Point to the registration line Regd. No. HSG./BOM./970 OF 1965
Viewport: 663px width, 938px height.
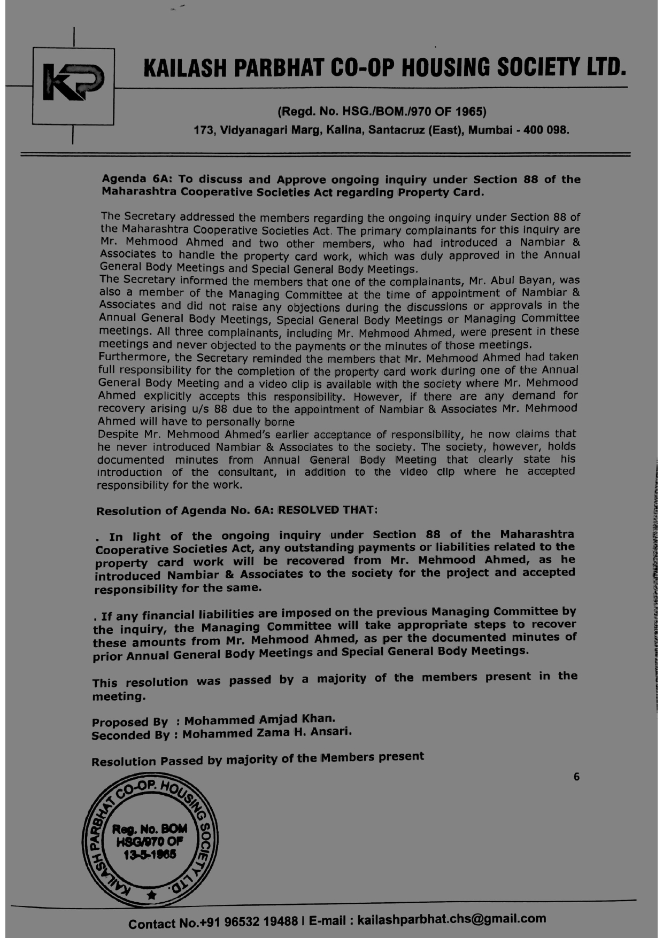pyautogui.click(x=382, y=112)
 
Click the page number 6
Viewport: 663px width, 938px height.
pyautogui.click(x=576, y=777)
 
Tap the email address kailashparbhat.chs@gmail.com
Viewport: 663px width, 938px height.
pyautogui.click(x=452, y=919)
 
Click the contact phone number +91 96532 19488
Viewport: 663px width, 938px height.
pyautogui.click(x=240, y=922)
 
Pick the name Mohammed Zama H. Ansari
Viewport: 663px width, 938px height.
pyautogui.click(x=267, y=733)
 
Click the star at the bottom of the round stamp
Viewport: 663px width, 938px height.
pyautogui.click(x=152, y=895)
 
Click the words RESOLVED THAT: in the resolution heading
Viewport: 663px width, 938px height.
pyautogui.click(x=328, y=509)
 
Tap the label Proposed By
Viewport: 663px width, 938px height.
pyautogui.click(x=130, y=722)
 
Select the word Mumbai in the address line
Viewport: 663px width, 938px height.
pyautogui.click(x=490, y=130)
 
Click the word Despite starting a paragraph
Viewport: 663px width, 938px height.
pyautogui.click(x=118, y=434)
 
